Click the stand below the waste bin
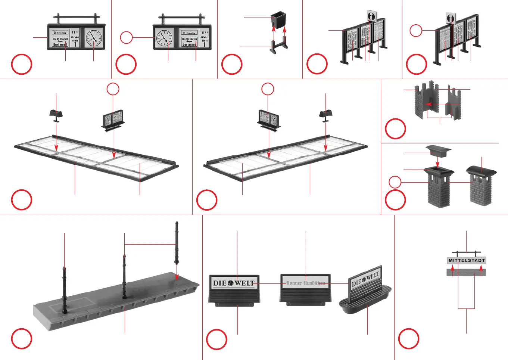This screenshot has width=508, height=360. [x=279, y=47]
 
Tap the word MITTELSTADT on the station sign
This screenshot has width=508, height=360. [x=467, y=260]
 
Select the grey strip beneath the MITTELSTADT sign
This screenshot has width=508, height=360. [x=466, y=272]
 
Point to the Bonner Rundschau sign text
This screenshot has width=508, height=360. [x=305, y=283]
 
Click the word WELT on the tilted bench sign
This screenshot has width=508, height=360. [x=373, y=277]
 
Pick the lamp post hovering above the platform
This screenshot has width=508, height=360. [x=177, y=243]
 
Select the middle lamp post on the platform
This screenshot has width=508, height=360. [x=124, y=276]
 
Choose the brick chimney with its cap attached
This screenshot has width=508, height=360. [x=481, y=185]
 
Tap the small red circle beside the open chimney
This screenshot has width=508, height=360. [x=395, y=182]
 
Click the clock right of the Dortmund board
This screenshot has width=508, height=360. [x=94, y=38]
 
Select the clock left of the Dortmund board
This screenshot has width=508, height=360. [x=164, y=38]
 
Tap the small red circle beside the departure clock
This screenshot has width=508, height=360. [x=127, y=37]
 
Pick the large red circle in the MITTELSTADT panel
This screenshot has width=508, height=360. [x=409, y=339]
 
